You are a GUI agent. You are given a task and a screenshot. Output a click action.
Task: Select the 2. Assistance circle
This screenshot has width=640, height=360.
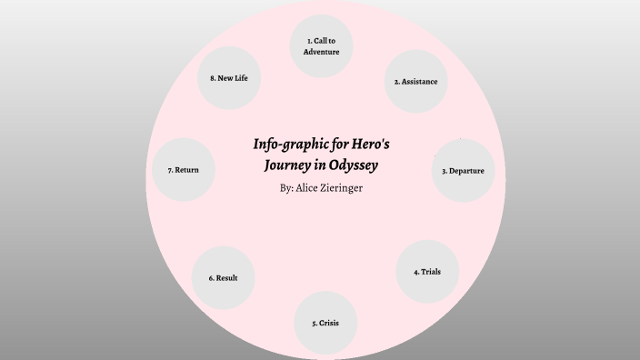point(415,81)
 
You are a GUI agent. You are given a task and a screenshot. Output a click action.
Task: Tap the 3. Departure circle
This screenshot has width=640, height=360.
point(463,170)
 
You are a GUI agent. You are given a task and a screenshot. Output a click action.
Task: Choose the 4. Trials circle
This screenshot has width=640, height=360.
point(426,271)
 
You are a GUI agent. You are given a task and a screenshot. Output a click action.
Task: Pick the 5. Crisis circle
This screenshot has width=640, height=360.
point(325,322)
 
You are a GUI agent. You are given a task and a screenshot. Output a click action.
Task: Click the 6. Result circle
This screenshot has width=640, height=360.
point(223,277)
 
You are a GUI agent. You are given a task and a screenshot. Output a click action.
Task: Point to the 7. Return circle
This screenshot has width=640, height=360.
point(184,170)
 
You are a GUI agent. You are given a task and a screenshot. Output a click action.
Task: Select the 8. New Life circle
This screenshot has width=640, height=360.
point(229,78)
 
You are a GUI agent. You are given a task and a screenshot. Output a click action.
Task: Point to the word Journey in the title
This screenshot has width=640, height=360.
point(291,165)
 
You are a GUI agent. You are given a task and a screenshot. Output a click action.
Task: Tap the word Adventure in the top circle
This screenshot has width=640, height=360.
point(321,52)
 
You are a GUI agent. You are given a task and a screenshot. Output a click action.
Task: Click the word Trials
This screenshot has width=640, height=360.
point(431,271)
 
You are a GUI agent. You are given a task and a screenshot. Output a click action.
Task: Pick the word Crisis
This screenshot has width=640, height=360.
point(329,323)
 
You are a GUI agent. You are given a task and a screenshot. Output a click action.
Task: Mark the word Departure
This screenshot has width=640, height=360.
point(467,171)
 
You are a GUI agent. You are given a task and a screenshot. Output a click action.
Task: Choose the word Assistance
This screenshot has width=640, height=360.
point(420,82)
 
